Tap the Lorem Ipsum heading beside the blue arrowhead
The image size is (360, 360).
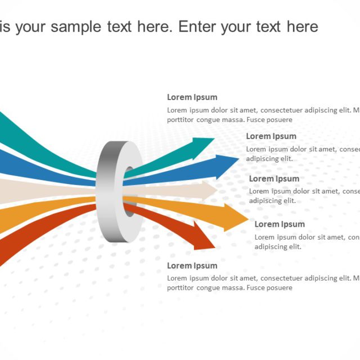pyautogui.click(x=271, y=136)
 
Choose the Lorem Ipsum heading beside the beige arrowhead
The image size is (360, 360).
pyautogui.click(x=274, y=179)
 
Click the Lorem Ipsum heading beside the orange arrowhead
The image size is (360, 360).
pyautogui.click(x=280, y=224)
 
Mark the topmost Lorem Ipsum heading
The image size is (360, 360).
pyautogui.click(x=192, y=97)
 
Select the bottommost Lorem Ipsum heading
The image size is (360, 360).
pyautogui.click(x=192, y=265)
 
